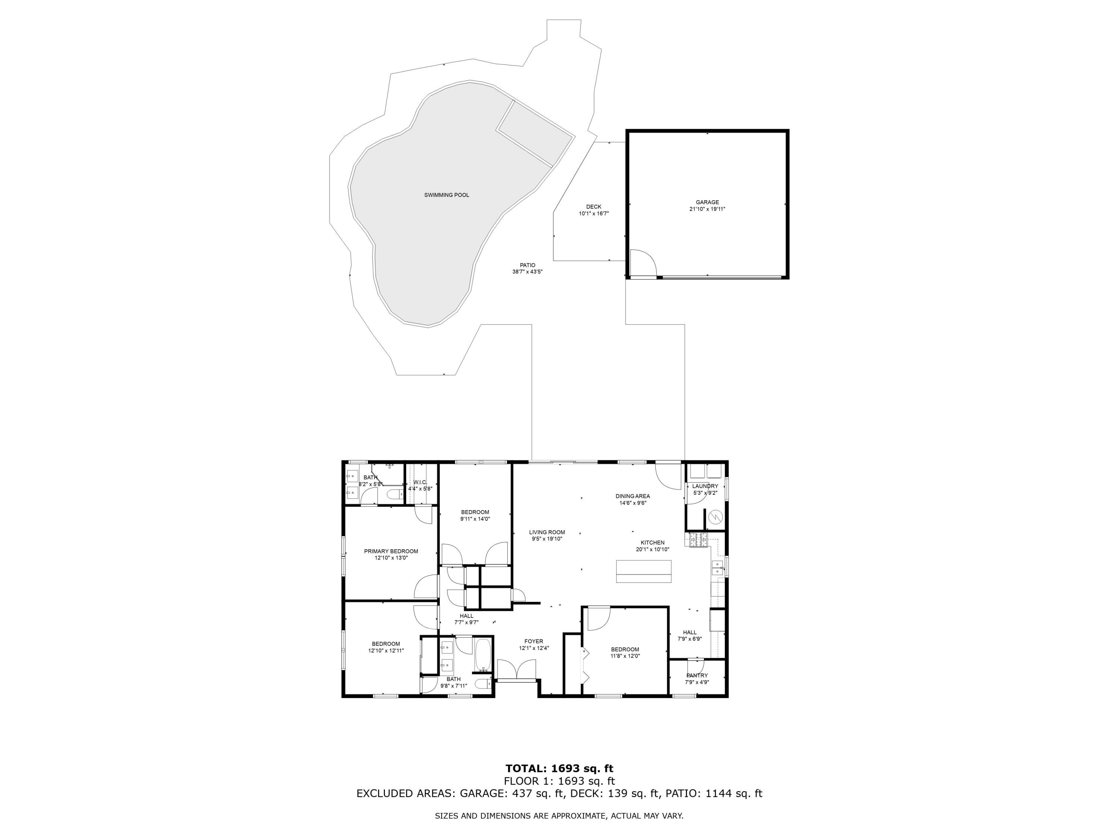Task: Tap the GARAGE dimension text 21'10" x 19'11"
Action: tap(707, 209)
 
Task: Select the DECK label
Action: tap(593, 206)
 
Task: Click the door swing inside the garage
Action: tap(643, 263)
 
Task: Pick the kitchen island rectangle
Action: tap(643, 572)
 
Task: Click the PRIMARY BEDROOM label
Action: tap(391, 551)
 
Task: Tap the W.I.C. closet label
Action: tap(420, 482)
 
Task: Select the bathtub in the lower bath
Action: tap(483, 654)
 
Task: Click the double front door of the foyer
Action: tap(517, 670)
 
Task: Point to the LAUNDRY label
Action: tap(705, 486)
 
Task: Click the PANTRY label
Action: tap(697, 675)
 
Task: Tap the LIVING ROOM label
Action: tap(547, 532)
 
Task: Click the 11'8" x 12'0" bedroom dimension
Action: tap(625, 656)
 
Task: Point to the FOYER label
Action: tap(534, 641)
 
